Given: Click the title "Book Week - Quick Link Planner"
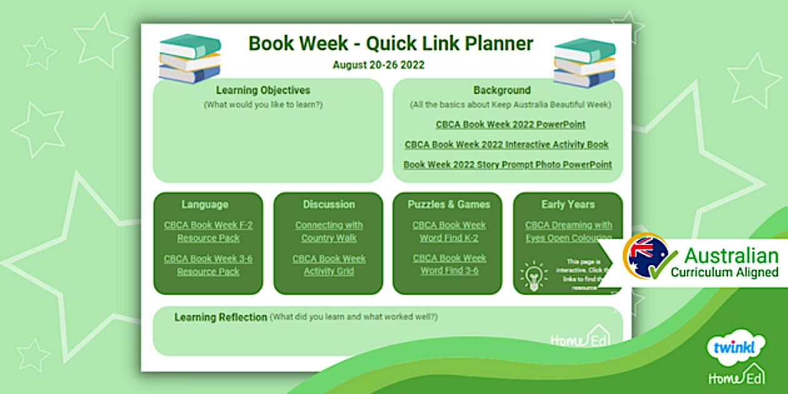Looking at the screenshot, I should pos(391,44).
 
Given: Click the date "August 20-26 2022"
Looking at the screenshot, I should pos(378,64).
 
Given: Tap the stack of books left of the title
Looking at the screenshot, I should pos(189,59).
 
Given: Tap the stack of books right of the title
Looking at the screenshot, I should pos(584,62).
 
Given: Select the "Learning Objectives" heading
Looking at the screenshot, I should pos(263,91).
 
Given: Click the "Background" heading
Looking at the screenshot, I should pos(502,91).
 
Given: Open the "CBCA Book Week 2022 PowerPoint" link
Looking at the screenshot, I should pos(510,124).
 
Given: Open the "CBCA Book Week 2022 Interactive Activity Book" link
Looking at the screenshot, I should pos(507,144).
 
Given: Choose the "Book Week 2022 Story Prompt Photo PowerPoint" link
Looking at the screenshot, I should pos(507,165).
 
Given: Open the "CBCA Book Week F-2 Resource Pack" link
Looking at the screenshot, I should pos(208,231).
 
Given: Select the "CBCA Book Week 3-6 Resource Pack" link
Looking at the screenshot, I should pos(208,265).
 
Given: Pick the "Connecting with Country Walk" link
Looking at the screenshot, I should pos(329,231).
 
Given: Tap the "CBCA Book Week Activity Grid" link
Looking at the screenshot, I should pos(329,265).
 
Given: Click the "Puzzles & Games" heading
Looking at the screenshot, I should pos(449,205).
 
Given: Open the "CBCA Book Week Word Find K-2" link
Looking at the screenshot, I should pos(449,231).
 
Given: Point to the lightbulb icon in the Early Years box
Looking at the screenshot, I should pos(533,276).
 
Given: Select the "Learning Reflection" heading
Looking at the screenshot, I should pos(221,317).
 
